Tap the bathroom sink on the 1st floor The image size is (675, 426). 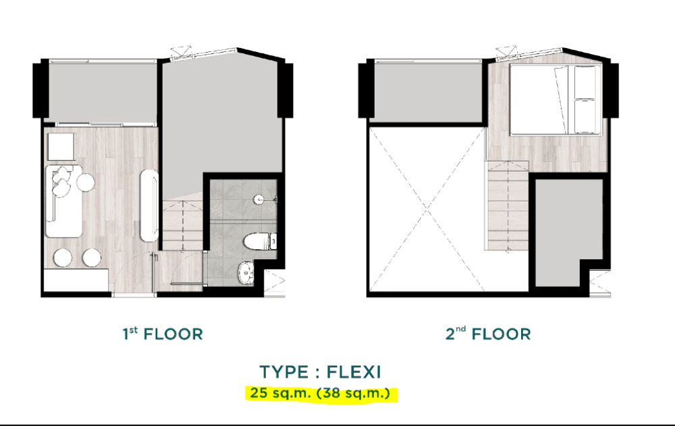[244, 273]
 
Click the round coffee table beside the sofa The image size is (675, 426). [86, 182]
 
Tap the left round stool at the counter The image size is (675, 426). [65, 257]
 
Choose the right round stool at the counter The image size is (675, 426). [92, 257]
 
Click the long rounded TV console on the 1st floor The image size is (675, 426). [148, 206]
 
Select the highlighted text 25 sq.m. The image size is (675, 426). [276, 392]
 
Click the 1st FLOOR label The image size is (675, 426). [162, 334]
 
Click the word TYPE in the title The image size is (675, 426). [284, 371]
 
